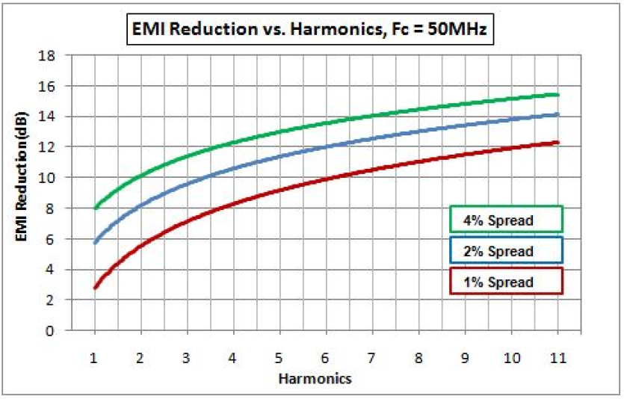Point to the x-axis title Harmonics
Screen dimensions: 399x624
315,378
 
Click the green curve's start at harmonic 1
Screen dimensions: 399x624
96,208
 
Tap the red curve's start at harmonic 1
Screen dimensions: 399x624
96,287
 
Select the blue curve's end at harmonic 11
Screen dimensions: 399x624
557,114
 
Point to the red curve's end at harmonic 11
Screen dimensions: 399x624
557,143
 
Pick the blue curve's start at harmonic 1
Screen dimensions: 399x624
96,242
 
